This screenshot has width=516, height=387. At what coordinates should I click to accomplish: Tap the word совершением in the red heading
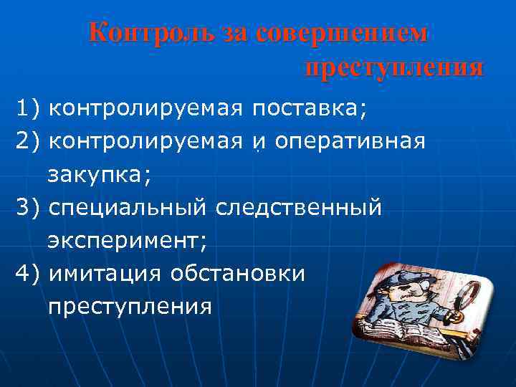tap(342, 34)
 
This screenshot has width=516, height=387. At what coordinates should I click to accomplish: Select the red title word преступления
tap(393, 69)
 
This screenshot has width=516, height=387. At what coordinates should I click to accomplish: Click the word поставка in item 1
tap(309, 109)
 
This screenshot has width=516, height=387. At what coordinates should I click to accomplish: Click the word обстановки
tap(238, 274)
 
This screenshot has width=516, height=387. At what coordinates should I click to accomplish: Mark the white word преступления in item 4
tap(130, 307)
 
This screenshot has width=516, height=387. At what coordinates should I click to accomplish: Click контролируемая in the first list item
tap(147, 109)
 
